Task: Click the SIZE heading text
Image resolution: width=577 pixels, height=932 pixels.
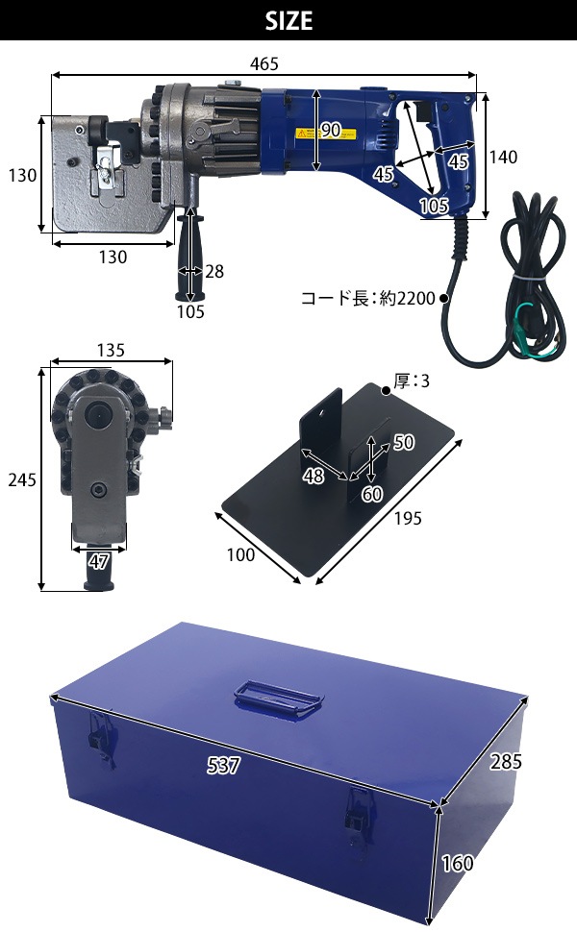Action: click(x=288, y=21)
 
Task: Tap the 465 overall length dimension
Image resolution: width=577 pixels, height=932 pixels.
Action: click(x=264, y=63)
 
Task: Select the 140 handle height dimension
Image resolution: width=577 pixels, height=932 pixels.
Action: click(x=503, y=157)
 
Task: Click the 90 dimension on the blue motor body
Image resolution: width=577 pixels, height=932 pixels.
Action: click(x=331, y=130)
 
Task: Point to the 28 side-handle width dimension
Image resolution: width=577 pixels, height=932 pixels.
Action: click(x=214, y=272)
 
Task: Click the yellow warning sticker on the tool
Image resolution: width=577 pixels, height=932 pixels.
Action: click(x=326, y=134)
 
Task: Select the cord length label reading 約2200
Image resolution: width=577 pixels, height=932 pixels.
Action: click(x=408, y=298)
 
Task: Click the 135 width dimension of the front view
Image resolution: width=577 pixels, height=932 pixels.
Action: click(x=111, y=350)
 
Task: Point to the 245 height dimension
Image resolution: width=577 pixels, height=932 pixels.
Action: click(x=22, y=479)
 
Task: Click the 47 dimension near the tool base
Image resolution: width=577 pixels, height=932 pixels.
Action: click(x=99, y=561)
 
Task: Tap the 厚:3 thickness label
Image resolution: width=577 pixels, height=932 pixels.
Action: click(x=412, y=381)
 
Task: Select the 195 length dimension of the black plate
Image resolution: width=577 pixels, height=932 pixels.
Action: click(x=408, y=518)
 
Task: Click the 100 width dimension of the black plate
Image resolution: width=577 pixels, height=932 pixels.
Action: click(x=241, y=554)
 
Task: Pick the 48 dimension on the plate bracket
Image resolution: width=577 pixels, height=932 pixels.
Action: click(x=314, y=476)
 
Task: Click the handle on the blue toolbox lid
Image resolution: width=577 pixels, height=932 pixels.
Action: click(x=279, y=698)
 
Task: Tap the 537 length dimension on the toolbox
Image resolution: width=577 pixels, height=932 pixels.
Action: click(x=224, y=766)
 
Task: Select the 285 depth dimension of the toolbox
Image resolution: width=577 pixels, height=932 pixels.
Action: click(x=506, y=761)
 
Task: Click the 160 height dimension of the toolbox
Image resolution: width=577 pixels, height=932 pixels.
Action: click(x=458, y=863)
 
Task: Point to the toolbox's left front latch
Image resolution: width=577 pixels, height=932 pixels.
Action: click(x=99, y=736)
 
